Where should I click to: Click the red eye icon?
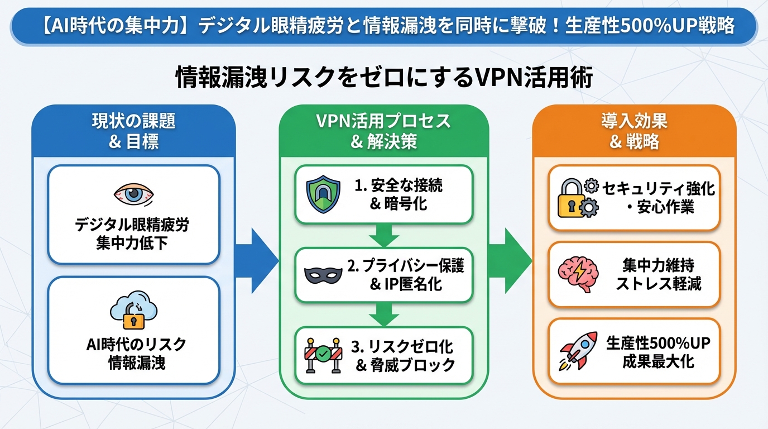point(133,194)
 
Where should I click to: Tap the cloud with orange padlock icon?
point(133,311)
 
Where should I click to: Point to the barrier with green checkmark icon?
point(323,354)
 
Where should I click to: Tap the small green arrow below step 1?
point(383,235)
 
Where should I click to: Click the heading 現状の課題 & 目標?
point(133,131)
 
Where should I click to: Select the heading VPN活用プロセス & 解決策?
point(383,131)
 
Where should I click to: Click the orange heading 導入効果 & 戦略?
point(634,131)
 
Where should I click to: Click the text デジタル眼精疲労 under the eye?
point(132,225)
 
